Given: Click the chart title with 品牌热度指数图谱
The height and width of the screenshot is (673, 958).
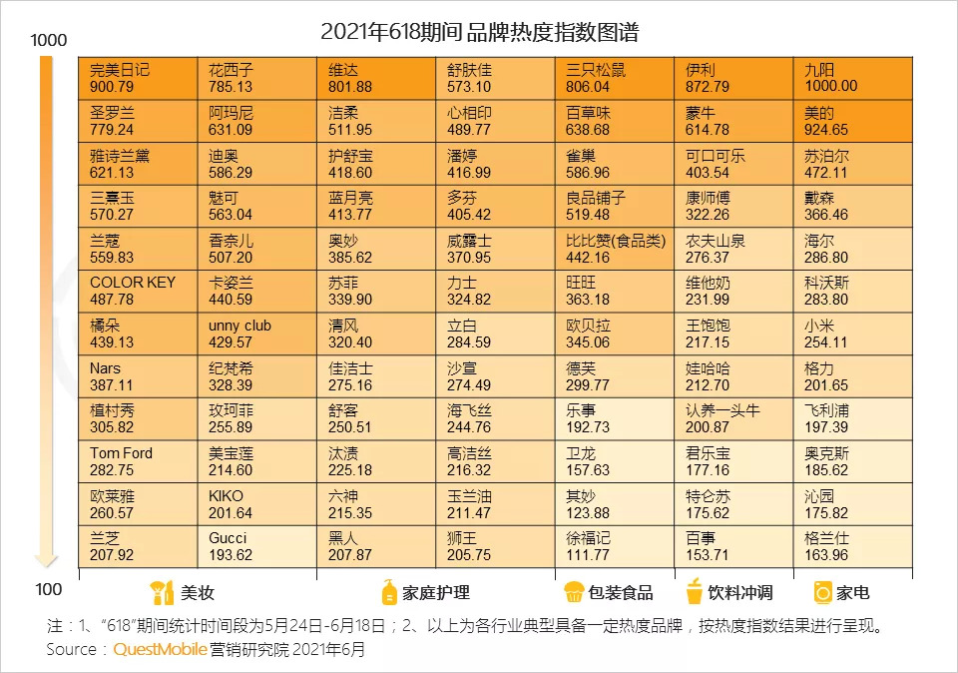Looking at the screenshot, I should tap(479, 32).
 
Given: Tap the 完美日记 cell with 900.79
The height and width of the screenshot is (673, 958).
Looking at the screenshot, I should tap(137, 78).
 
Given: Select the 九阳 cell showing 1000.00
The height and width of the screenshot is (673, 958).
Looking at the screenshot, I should tap(852, 78).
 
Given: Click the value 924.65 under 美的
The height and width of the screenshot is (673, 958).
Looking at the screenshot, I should tap(826, 130).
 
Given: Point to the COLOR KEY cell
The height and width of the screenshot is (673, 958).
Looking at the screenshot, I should tap(137, 291).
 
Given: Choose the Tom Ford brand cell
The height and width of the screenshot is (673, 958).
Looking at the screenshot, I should tap(137, 461).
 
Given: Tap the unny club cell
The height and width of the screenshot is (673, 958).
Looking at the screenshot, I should tap(256, 334).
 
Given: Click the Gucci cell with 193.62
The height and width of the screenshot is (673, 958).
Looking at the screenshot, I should tap(256, 547).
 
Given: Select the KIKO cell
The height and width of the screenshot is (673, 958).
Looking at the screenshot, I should tap(256, 504).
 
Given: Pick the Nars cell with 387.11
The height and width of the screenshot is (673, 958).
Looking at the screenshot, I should tap(137, 376).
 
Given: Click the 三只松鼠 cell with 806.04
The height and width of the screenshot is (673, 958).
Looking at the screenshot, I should tap(614, 78).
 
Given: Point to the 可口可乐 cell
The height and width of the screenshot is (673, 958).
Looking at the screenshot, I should tap(733, 164).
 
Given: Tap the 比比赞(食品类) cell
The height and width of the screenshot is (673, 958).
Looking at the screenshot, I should tap(614, 249).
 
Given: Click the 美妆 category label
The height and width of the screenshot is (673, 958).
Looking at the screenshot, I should tap(197, 593).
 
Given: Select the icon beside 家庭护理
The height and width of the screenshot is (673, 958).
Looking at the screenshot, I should tap(389, 592).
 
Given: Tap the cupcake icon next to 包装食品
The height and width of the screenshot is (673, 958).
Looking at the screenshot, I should tap(573, 592).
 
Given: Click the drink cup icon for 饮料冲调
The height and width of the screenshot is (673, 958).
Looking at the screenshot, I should tap(694, 592).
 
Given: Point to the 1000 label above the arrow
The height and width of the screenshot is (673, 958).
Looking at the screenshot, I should tap(48, 41).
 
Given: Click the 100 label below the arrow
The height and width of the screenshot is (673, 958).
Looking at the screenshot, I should tap(48, 588).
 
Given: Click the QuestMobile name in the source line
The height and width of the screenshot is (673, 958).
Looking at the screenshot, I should tap(160, 649).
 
